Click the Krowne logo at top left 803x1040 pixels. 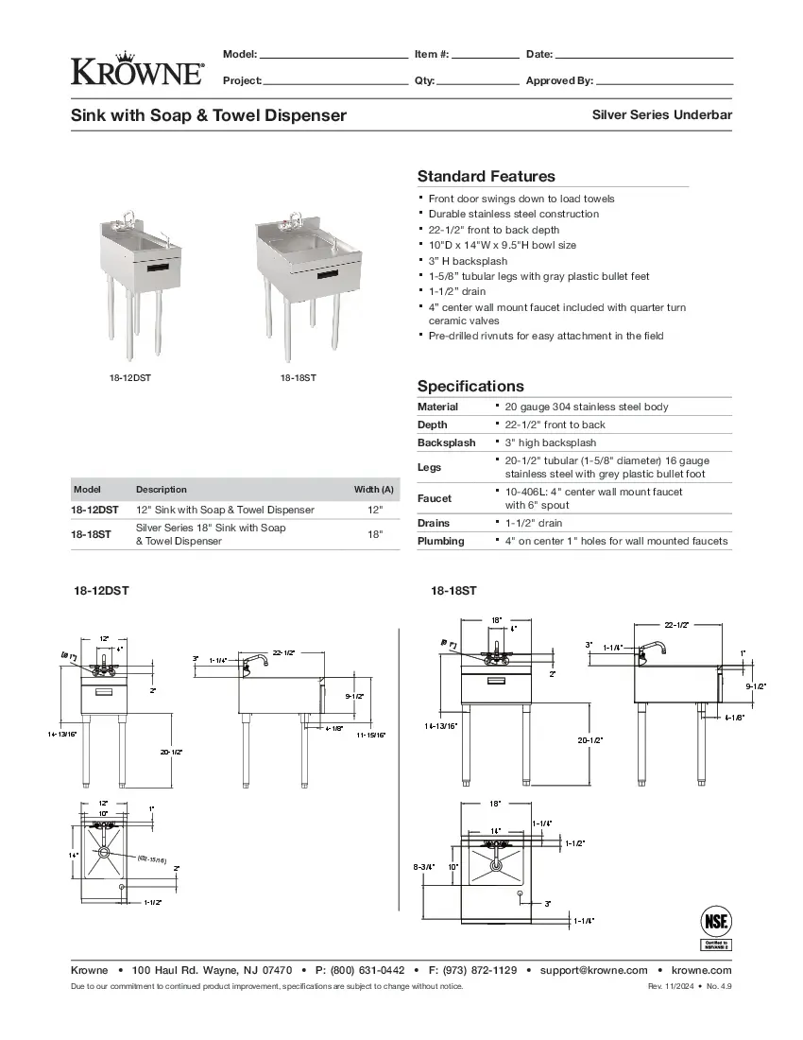[x=137, y=68]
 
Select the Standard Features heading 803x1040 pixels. [x=486, y=177]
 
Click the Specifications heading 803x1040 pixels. [x=470, y=386]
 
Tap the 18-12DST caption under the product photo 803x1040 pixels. [x=129, y=377]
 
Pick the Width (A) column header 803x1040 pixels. [x=373, y=490]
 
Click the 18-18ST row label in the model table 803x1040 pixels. [x=91, y=534]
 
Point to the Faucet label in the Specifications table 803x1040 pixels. [x=434, y=498]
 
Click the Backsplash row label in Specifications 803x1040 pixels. [x=446, y=442]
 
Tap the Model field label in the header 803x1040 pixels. [x=240, y=54]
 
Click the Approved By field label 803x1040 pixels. [x=559, y=81]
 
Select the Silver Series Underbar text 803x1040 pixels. [x=661, y=114]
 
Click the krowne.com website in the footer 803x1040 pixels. [x=701, y=970]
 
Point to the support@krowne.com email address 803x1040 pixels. [x=593, y=970]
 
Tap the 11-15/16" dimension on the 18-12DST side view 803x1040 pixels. [x=370, y=734]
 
